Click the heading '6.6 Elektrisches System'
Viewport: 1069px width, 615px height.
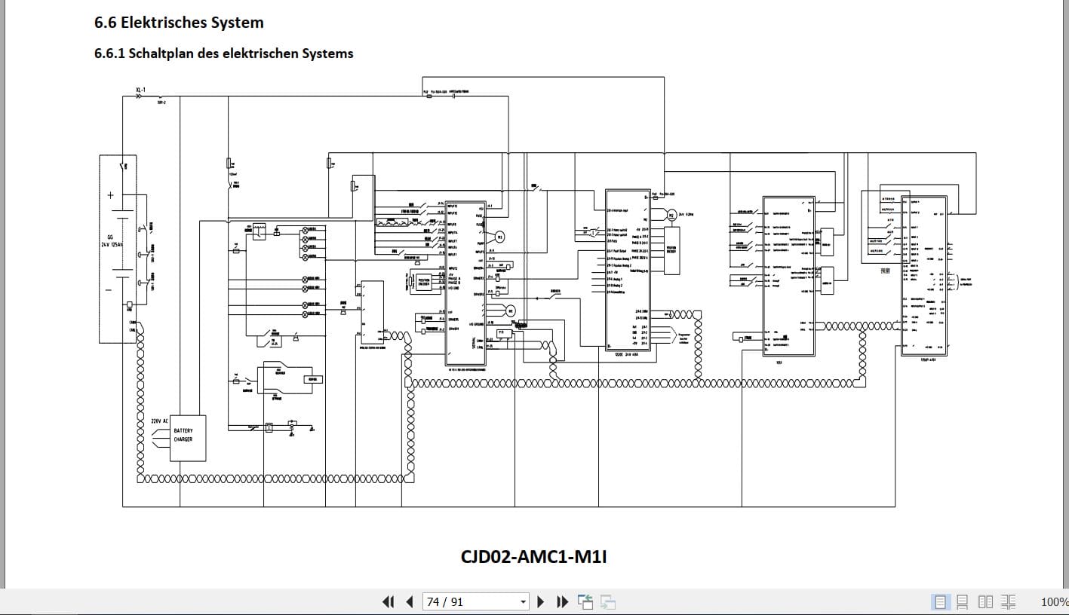pyautogui.click(x=179, y=23)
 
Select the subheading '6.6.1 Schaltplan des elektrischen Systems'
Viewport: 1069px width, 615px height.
pyautogui.click(x=223, y=54)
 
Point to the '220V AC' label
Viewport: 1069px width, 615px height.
pyautogui.click(x=159, y=421)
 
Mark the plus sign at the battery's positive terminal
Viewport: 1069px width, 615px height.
pyautogui.click(x=111, y=194)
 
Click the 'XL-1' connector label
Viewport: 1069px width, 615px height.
pyautogui.click(x=140, y=90)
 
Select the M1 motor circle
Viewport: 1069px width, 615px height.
pyautogui.click(x=499, y=237)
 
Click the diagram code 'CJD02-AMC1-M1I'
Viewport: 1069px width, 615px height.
pyautogui.click(x=534, y=557)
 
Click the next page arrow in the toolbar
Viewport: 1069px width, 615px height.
pyautogui.click(x=540, y=601)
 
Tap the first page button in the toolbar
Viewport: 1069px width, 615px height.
pyautogui.click(x=388, y=601)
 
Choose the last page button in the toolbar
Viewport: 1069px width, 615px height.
pyautogui.click(x=562, y=601)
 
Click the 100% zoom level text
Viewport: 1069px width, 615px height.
pyautogui.click(x=1054, y=601)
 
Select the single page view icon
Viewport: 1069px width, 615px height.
pyautogui.click(x=940, y=601)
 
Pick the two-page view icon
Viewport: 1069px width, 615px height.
pyautogui.click(x=985, y=601)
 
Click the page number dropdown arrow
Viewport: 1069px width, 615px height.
pyautogui.click(x=523, y=601)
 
